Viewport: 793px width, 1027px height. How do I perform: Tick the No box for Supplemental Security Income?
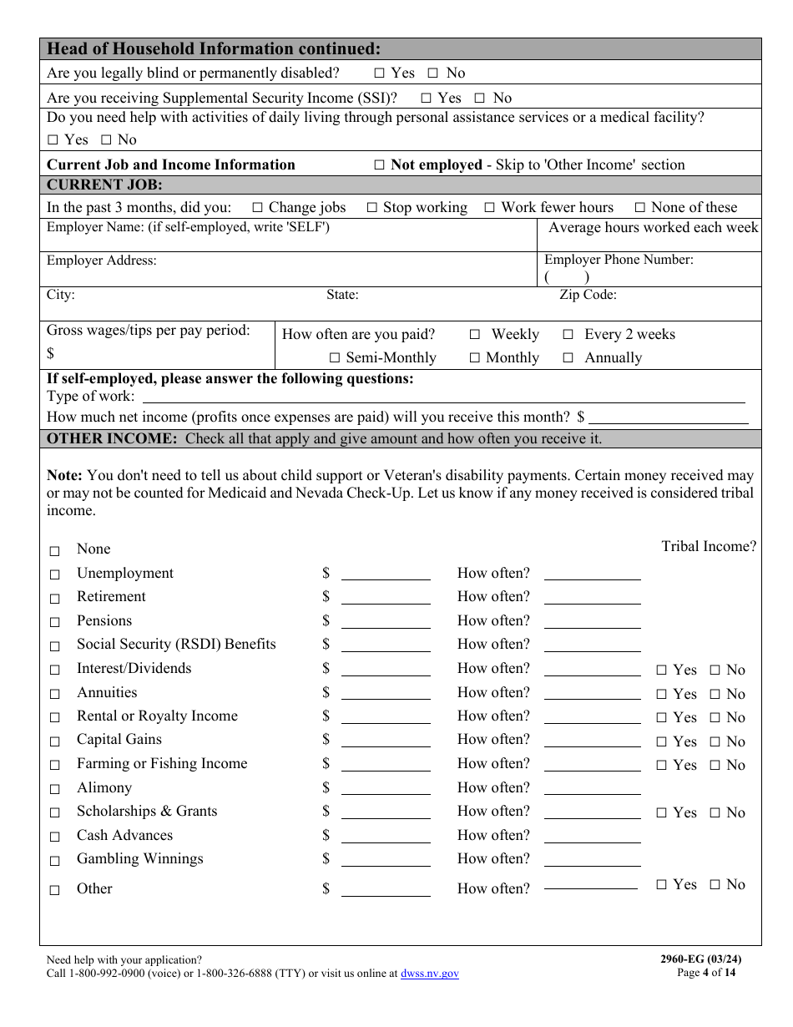(480, 99)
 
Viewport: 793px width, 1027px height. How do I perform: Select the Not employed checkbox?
(380, 165)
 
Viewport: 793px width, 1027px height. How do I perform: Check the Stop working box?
(372, 208)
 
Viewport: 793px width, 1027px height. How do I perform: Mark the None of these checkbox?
(640, 208)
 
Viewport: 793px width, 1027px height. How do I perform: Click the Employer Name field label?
(188, 227)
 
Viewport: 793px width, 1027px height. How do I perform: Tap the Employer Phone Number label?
(619, 260)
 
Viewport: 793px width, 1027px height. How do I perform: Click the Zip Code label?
(588, 295)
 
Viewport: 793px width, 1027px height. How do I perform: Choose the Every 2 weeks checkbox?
(568, 335)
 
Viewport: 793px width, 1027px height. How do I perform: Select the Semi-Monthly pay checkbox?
(335, 358)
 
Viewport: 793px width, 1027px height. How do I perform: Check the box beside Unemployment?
(55, 574)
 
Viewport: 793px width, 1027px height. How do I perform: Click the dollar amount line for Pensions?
(386, 622)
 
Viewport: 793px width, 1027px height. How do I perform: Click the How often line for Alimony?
(592, 789)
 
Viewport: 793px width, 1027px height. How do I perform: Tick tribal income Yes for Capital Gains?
(662, 742)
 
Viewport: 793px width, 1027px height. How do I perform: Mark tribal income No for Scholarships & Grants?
(715, 813)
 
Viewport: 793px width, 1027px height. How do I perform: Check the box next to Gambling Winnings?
(55, 860)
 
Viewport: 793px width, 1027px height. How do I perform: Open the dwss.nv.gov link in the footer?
(430, 974)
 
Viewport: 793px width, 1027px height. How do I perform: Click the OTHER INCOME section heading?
(112, 439)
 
